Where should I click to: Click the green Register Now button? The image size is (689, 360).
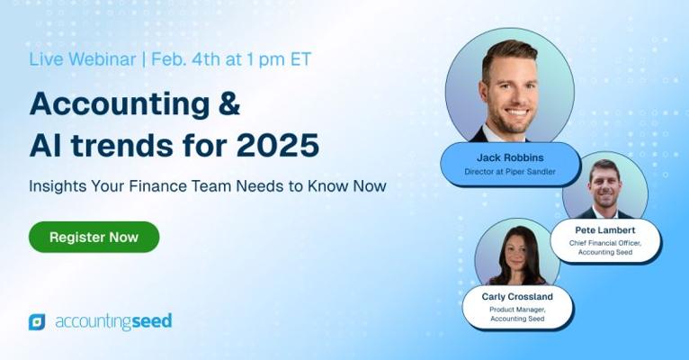[x=94, y=237]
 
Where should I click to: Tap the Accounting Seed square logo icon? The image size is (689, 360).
[x=37, y=322]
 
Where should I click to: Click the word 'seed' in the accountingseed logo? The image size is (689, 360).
[x=152, y=321]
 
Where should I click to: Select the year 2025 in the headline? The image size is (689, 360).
[x=278, y=145]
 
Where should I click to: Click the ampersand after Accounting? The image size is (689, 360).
[x=228, y=103]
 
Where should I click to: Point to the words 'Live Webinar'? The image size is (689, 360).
[x=82, y=59]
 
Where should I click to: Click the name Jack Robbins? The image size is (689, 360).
[x=510, y=157]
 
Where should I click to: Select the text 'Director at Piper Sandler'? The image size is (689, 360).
[x=510, y=171]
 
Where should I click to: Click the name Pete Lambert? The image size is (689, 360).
[x=605, y=229]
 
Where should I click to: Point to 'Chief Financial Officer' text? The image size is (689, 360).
[x=604, y=243]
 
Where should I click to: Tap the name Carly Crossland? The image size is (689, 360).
[x=517, y=297]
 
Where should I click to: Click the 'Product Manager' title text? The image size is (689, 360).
[x=516, y=310]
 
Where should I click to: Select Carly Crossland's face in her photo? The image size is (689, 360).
[x=517, y=254]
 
